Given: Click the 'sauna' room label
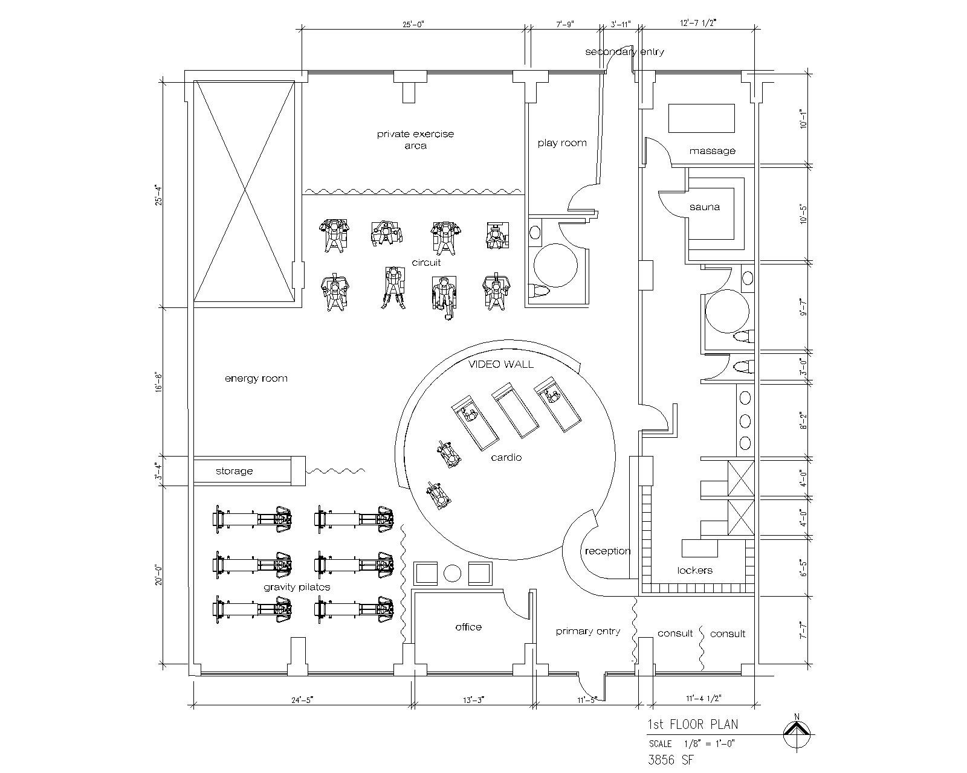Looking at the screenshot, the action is [705, 207].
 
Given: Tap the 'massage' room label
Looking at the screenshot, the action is [712, 152].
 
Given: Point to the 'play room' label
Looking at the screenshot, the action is [562, 143].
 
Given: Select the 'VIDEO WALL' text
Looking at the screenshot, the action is [501, 364].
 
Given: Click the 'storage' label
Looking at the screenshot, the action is [234, 471].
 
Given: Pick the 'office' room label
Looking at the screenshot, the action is [468, 627].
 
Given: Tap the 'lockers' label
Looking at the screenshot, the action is [694, 571].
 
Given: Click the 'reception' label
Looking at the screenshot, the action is [607, 551].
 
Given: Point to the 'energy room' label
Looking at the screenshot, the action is [256, 379].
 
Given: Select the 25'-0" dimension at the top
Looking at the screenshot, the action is [413, 24].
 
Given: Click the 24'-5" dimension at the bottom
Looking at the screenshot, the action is [302, 700].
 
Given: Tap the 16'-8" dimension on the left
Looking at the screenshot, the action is [158, 381].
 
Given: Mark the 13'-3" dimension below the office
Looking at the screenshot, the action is [474, 700].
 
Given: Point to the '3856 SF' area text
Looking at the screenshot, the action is [670, 760].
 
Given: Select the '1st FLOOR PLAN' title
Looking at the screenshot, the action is [693, 724].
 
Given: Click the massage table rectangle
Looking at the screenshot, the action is [702, 118].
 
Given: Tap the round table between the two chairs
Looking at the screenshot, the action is [453, 574].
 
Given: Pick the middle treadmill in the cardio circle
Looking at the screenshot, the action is [515, 410].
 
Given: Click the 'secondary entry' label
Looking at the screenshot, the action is [624, 52].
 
